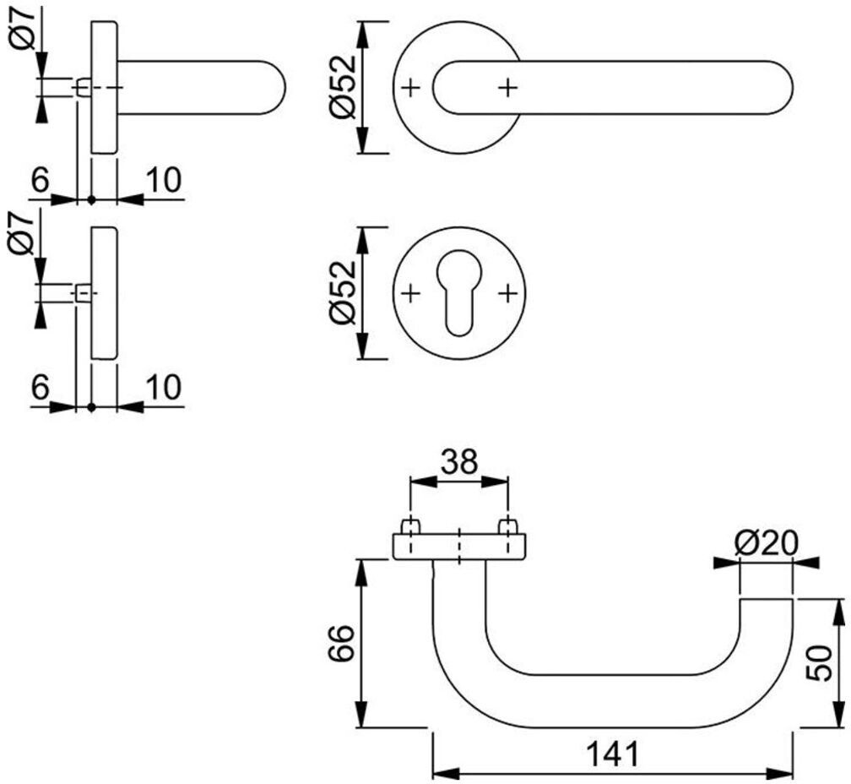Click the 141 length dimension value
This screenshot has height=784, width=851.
[x=613, y=754]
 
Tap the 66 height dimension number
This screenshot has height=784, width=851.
[x=341, y=643]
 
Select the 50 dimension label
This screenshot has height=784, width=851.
[x=819, y=663]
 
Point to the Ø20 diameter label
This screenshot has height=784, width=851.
[x=767, y=543]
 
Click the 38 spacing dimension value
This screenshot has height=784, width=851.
[x=459, y=462]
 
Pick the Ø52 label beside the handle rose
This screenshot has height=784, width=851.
[x=343, y=87]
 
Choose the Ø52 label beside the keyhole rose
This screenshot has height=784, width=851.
[x=343, y=292]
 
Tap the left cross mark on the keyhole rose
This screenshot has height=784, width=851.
[x=411, y=294]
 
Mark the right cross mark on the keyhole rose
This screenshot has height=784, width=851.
[x=507, y=294]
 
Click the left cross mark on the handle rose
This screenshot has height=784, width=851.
[x=411, y=87]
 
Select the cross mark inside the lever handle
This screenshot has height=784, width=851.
[x=507, y=87]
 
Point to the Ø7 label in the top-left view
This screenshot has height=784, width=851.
[x=22, y=29]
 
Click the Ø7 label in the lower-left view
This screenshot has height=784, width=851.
[x=22, y=234]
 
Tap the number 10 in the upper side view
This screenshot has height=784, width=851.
[x=164, y=180]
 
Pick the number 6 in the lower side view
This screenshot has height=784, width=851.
[x=41, y=387]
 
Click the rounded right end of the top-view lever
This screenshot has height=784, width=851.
[x=782, y=87]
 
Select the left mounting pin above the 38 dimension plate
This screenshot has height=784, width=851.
[x=410, y=526]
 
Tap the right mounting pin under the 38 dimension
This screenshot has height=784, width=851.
[x=508, y=526]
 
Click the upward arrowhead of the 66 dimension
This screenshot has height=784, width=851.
[x=362, y=571]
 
